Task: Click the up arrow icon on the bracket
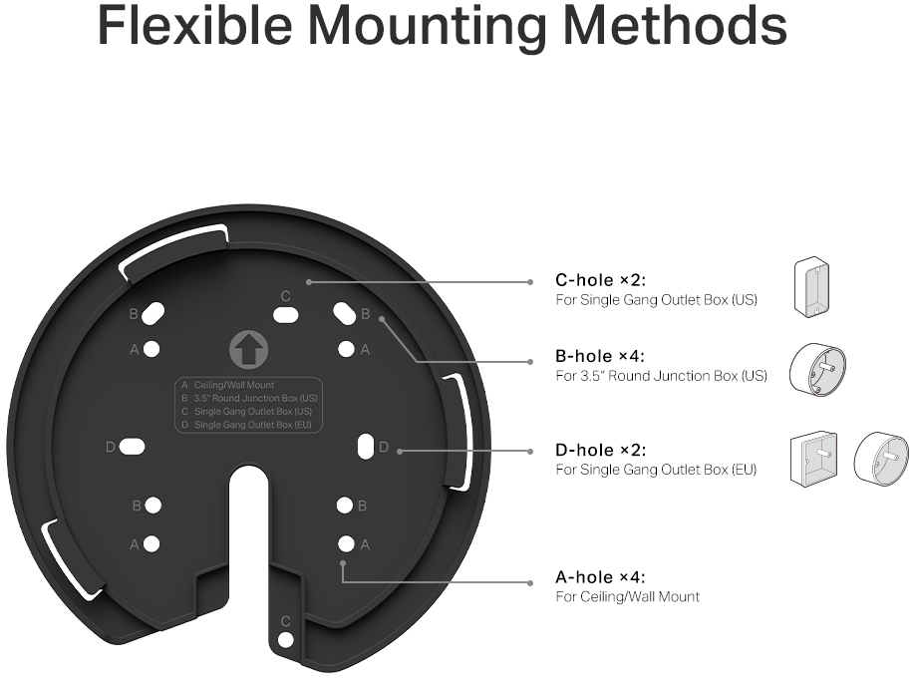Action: point(248,350)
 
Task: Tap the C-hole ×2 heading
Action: point(601,280)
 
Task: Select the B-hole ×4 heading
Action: point(600,356)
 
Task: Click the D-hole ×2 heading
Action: point(601,450)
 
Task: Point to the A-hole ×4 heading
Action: point(600,577)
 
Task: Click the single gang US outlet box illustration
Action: point(811,286)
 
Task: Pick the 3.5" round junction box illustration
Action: point(817,370)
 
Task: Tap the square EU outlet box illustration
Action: point(813,460)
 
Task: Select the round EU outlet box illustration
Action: point(881,460)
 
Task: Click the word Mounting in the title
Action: point(427,25)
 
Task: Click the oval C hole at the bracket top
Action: point(285,315)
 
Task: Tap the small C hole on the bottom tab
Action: point(285,640)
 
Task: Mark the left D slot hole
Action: point(133,448)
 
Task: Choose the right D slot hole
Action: point(366,448)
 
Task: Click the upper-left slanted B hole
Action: point(153,313)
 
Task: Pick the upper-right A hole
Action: point(346,349)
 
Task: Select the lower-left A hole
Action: point(152,544)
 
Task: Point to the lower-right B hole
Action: point(345,506)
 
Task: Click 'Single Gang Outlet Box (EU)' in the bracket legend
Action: point(252,425)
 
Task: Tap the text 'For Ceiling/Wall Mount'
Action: point(628,596)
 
